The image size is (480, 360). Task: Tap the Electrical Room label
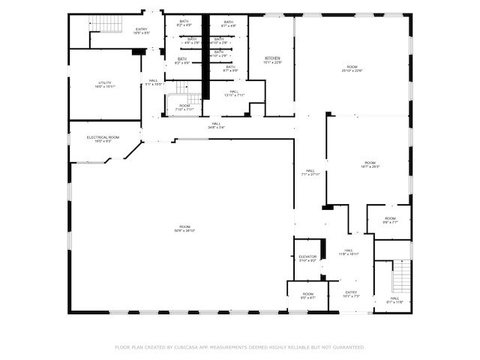pos(103,139)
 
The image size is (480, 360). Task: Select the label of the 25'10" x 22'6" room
pos(352,68)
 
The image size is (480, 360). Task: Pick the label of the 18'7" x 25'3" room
pos(370,164)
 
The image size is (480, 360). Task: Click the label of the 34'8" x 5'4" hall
pos(216,125)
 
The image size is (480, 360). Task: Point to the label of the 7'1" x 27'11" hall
pos(310,172)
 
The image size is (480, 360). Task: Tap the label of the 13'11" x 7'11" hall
pos(234,93)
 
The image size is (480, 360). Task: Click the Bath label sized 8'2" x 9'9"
pos(182,61)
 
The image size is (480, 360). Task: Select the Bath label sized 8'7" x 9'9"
pos(229,68)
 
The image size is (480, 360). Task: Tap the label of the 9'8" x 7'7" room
pos(390,220)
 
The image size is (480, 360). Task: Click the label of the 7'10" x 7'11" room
pos(184,107)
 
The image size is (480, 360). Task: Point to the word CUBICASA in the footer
pos(192,347)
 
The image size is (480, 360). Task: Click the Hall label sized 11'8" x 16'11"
pos(349,252)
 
